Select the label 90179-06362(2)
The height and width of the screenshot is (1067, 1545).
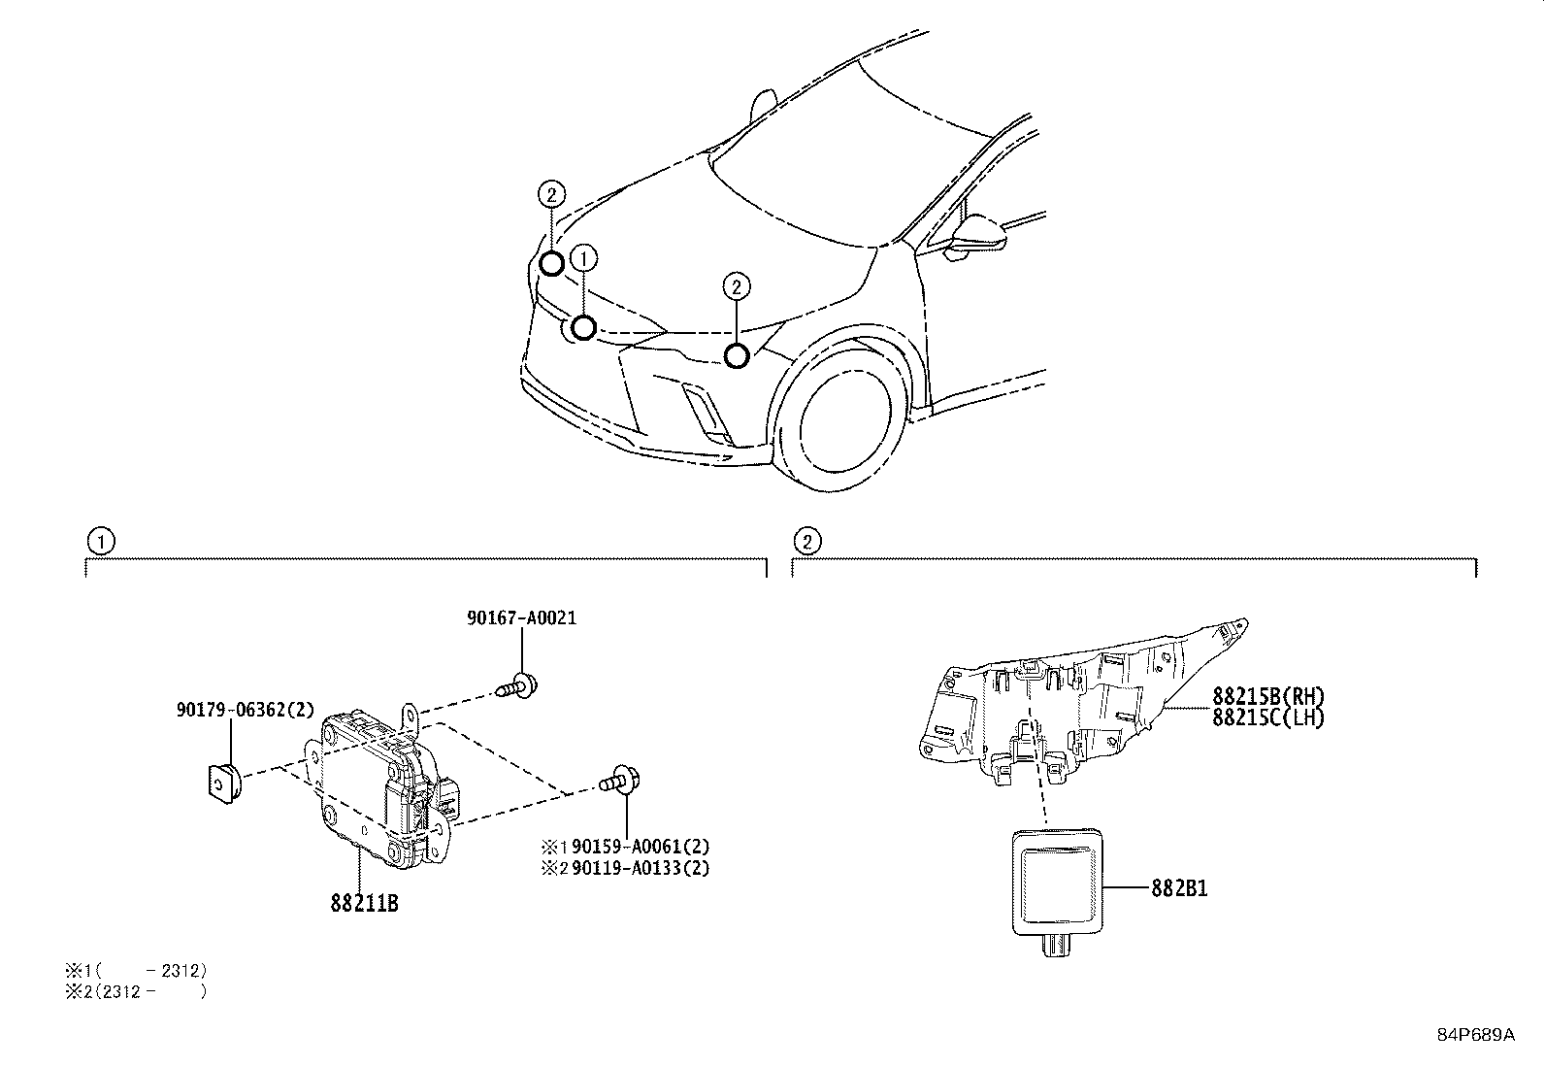tap(246, 710)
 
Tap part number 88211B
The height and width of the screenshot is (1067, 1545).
tap(364, 903)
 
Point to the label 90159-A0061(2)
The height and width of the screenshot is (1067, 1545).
tap(640, 847)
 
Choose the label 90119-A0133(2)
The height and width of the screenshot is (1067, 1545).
tap(640, 868)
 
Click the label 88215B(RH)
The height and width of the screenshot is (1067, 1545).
tap(1267, 696)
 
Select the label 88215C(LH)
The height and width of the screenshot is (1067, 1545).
tap(1267, 717)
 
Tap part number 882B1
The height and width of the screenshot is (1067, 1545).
tap(1179, 887)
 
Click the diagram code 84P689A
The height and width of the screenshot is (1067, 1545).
tap(1475, 1035)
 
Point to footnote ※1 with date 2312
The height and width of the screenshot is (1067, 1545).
tap(136, 970)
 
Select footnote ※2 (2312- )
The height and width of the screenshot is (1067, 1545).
tap(136, 991)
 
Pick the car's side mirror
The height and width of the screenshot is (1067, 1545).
tap(975, 237)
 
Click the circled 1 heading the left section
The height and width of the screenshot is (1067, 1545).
tap(99, 541)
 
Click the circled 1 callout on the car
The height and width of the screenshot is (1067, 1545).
tap(584, 258)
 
